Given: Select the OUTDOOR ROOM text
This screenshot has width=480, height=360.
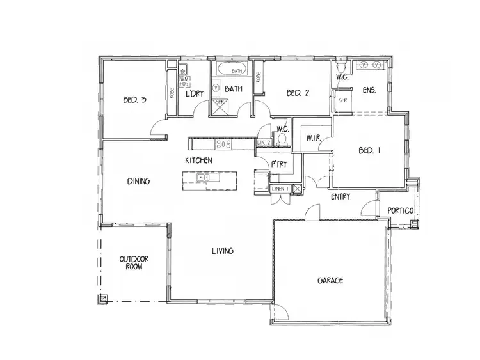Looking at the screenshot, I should [134, 263].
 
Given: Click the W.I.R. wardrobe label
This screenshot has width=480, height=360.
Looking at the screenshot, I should [313, 137].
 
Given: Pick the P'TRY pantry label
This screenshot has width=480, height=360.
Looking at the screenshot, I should [278, 164].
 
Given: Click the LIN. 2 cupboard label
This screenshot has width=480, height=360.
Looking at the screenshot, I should [264, 142].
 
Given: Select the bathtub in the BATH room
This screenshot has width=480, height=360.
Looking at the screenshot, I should [230, 70].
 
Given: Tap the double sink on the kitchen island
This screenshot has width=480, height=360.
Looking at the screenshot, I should [205, 177].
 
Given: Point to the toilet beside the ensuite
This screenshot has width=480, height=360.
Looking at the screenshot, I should [340, 66].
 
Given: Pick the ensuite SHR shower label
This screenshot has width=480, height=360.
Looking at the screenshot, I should [342, 100].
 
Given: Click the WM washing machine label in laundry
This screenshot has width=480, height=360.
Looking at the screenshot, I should [183, 77].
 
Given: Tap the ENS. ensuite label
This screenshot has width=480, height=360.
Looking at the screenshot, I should [369, 90].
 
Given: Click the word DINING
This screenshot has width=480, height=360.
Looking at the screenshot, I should [138, 182].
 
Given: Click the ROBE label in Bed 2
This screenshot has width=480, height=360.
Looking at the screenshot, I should [259, 78].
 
